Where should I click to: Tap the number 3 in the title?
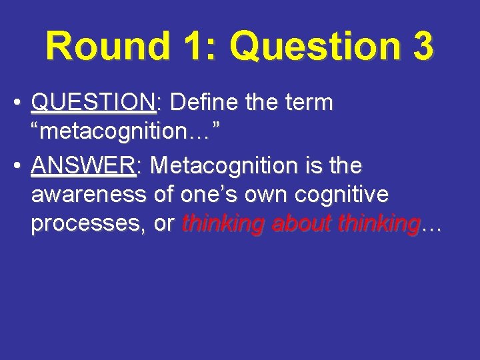point(422,47)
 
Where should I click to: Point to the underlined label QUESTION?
point(93,103)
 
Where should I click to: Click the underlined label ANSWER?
point(84,165)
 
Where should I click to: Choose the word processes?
point(89,224)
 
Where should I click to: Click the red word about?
point(303,224)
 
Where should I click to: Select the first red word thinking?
point(223,224)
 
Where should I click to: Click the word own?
point(266,195)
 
